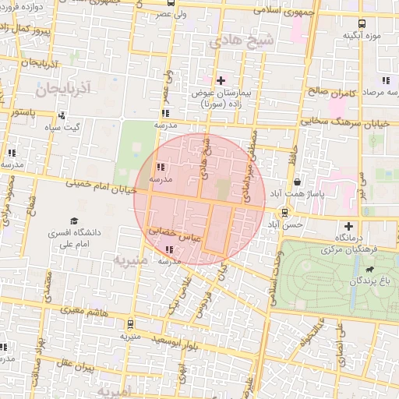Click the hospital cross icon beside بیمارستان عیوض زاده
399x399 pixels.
click(221, 80)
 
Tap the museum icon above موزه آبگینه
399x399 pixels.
click(360, 24)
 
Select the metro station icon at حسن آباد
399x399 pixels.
click(284, 211)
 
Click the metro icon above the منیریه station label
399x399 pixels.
click(129, 323)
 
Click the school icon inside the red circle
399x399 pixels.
click(160, 168)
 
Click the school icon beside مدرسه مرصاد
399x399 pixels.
click(385, 79)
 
